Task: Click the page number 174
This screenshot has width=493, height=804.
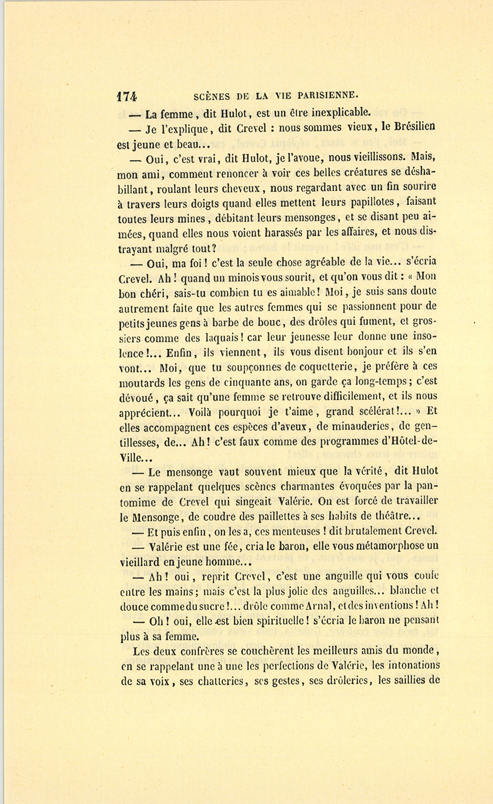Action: point(127,96)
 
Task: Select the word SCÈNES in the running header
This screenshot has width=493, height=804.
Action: point(212,96)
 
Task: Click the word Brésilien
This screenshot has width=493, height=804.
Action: point(409,127)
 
